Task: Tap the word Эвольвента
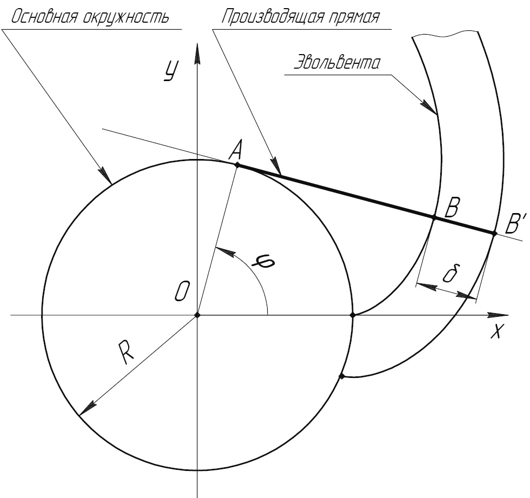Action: point(336,63)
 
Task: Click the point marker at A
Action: point(237,163)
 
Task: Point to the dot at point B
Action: point(434,217)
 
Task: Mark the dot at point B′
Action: point(494,233)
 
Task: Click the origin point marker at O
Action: point(197,315)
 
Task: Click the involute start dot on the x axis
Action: point(353,315)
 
